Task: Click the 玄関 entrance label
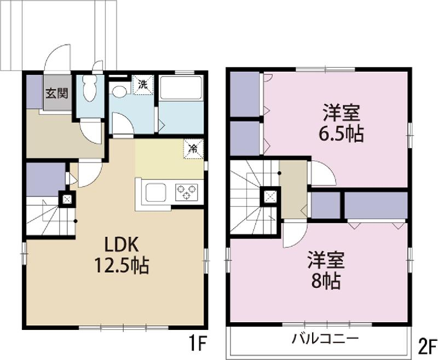pyautogui.click(x=57, y=93)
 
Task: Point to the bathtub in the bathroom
pyautogui.click(x=181, y=88)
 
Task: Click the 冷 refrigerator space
pyautogui.click(x=193, y=149)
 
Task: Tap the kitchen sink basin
pyautogui.click(x=155, y=192)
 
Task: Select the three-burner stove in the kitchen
pyautogui.click(x=187, y=192)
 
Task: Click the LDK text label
pyautogui.click(x=122, y=245)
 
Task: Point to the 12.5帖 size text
pyautogui.click(x=122, y=265)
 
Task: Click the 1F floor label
pyautogui.click(x=198, y=344)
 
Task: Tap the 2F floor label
pyautogui.click(x=427, y=346)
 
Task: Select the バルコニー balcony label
pyautogui.click(x=325, y=339)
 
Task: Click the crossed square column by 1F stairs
pyautogui.click(x=67, y=199)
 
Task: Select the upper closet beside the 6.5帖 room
pyautogui.click(x=245, y=94)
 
